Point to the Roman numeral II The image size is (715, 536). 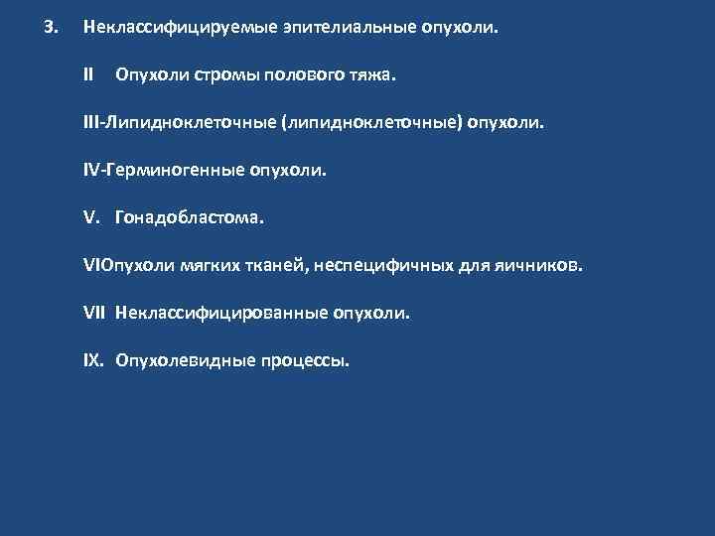point(88,74)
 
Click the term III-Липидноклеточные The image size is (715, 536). point(179,122)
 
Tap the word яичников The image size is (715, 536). point(537,265)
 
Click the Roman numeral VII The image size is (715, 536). point(95,313)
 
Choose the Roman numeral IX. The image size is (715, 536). point(93,360)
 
